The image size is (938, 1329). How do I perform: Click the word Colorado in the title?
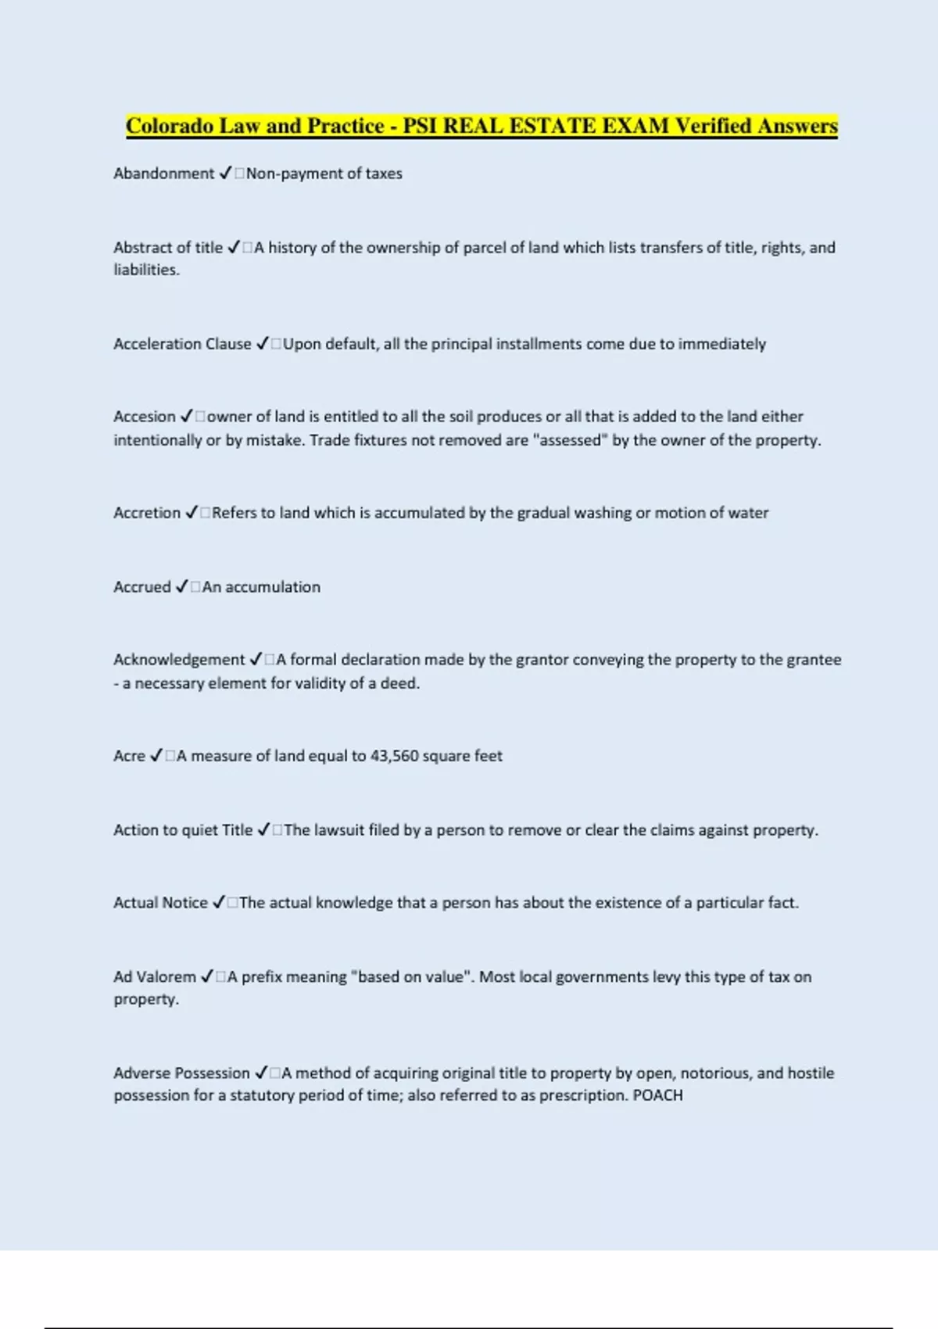[170, 127]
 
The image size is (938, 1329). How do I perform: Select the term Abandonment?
[163, 174]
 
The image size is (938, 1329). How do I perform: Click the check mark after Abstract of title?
[234, 248]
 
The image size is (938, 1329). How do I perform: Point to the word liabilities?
[146, 270]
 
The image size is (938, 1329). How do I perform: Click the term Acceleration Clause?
[182, 344]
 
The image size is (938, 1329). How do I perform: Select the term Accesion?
[145, 417]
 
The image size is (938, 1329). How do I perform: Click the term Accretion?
[147, 513]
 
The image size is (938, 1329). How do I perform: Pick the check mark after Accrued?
[181, 587]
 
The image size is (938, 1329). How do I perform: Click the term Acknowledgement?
[179, 660]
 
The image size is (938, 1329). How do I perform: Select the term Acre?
[129, 756]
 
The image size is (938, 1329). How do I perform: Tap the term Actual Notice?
[160, 903]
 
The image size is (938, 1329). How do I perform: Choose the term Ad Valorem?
[155, 977]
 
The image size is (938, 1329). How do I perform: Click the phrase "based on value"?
[413, 977]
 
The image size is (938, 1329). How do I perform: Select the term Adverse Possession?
[181, 1073]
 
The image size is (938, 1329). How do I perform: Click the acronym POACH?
[657, 1095]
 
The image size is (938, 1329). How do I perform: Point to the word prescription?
[583, 1095]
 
